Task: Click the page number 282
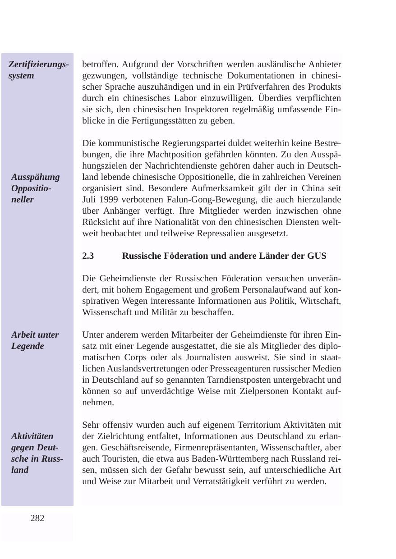pyautogui.click(x=37, y=518)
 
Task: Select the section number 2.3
pyautogui.click(x=88, y=256)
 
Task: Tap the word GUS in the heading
pyautogui.click(x=317, y=256)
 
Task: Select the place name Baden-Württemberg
pyautogui.click(x=204, y=459)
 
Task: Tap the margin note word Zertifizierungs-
pyautogui.click(x=39, y=64)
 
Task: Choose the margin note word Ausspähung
pyautogui.click(x=36, y=177)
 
